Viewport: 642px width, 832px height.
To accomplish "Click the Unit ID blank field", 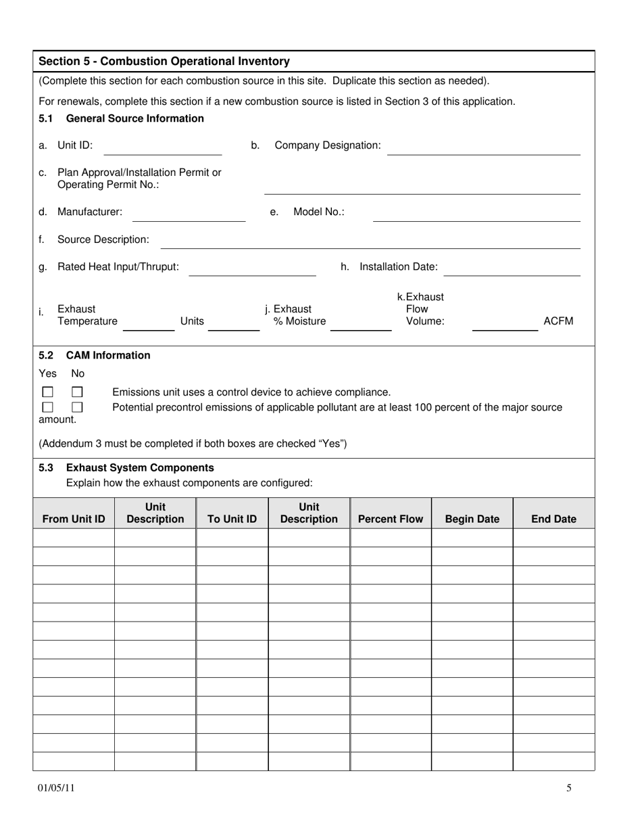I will point(162,148).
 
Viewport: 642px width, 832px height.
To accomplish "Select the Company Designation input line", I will point(483,148).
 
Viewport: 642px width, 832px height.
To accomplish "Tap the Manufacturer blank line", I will point(189,214).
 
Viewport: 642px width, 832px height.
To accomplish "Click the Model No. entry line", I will point(476,214).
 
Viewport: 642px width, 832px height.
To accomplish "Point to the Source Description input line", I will point(370,242).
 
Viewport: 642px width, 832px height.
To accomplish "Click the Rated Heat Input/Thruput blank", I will point(252,269).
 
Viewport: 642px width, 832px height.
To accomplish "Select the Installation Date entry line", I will point(512,269).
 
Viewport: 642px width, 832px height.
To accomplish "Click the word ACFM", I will point(558,321).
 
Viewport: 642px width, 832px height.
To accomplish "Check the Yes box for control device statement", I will point(48,392).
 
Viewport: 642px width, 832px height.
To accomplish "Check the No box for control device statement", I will point(77,392).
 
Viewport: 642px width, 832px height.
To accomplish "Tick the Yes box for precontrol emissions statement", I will point(48,407).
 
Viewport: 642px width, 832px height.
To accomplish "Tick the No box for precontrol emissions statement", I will point(77,407).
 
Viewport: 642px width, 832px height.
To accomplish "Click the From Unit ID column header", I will point(74,519).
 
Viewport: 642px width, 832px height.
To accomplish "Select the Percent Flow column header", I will point(391,519).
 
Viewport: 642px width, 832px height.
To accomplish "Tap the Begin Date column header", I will point(472,519).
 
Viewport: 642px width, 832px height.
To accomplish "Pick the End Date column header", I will point(553,519).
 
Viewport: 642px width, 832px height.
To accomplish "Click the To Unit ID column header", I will point(232,519).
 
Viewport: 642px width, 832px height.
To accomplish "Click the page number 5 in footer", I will point(569,788).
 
